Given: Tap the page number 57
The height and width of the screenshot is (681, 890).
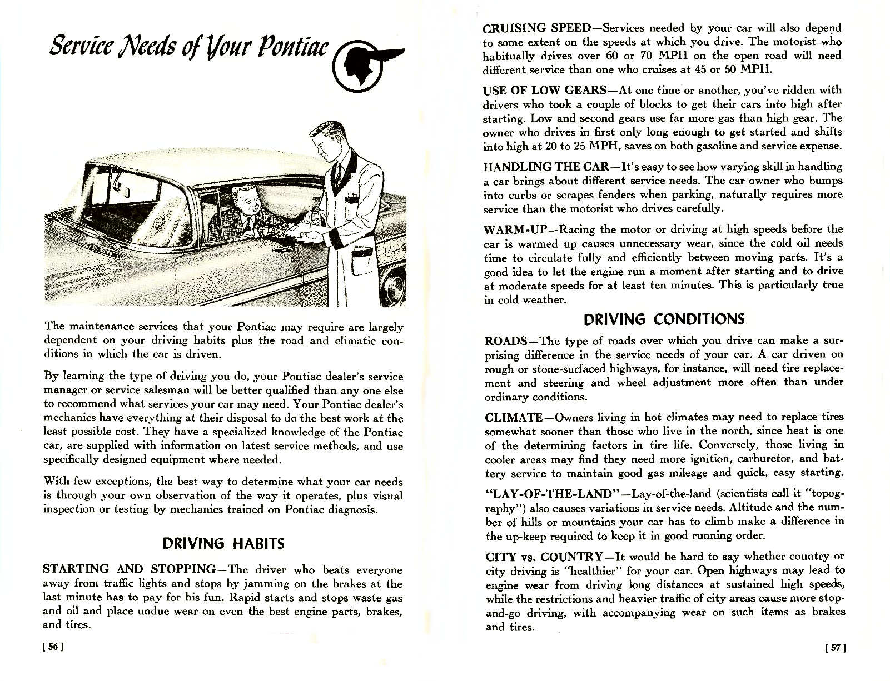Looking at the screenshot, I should coord(835,648).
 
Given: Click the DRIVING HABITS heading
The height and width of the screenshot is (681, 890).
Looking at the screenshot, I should coord(223,543).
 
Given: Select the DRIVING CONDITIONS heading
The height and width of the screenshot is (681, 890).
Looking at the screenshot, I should coord(663,319).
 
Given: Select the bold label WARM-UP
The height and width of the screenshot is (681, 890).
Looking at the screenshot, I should coord(509,229).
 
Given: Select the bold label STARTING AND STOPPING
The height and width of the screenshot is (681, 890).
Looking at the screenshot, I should coord(129,569).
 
